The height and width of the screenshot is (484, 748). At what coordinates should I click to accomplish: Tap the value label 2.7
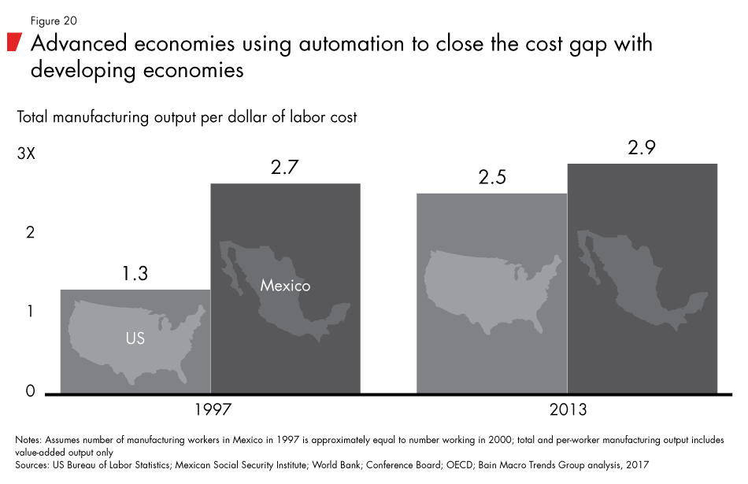point(285,166)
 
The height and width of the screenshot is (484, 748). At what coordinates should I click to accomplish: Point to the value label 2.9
point(642,147)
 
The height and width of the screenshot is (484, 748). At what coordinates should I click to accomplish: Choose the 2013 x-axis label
point(568,409)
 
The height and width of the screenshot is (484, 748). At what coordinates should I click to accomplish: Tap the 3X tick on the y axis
point(26,154)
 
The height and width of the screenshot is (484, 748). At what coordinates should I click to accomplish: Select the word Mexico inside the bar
point(285,285)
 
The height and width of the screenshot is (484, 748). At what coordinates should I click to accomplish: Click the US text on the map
point(135,339)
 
